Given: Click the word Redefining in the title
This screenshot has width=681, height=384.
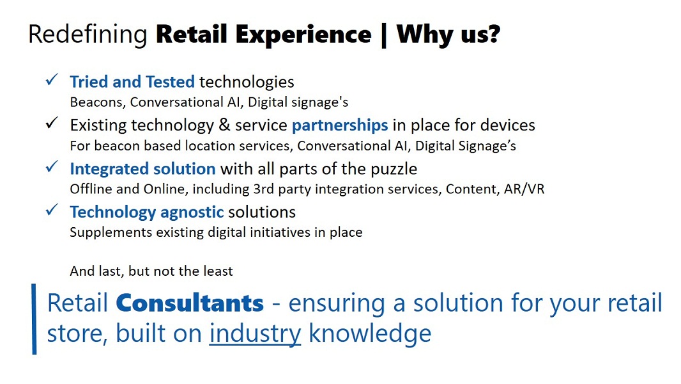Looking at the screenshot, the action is click(x=88, y=35).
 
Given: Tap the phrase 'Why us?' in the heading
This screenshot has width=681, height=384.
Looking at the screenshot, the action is click(x=448, y=35).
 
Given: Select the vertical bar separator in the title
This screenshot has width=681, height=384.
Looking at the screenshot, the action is click(x=383, y=36).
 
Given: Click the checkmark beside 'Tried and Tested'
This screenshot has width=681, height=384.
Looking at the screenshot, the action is click(x=52, y=80).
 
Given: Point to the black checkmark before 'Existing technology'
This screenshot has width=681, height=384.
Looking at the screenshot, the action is click(x=52, y=124).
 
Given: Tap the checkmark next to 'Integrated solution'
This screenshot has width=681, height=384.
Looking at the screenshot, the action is click(x=52, y=167).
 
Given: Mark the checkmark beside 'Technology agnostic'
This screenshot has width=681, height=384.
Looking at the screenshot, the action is click(x=52, y=211).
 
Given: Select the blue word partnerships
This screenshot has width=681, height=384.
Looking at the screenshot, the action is click(x=340, y=125).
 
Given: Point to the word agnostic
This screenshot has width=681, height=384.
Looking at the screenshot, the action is click(x=192, y=212).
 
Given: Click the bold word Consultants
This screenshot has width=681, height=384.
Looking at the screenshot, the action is click(x=190, y=303).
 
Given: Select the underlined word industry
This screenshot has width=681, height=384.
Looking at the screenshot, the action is click(x=256, y=334).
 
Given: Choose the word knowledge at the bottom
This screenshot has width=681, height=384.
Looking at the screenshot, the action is click(x=370, y=334).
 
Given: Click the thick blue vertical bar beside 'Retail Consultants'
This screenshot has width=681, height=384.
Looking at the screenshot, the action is click(x=34, y=319).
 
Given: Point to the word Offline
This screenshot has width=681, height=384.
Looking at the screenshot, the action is click(x=91, y=189).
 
